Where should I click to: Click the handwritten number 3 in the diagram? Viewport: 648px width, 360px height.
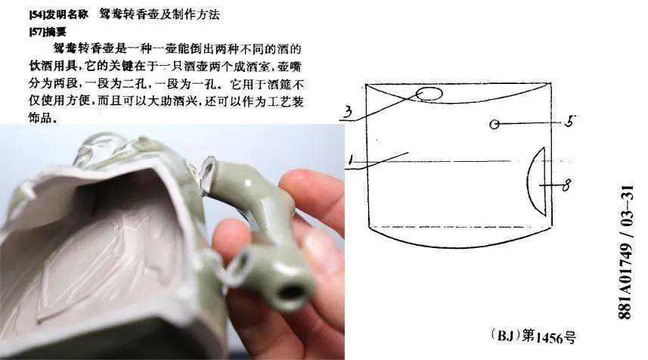click(x=349, y=112)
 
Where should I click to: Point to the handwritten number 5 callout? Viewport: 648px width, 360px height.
click(x=570, y=121)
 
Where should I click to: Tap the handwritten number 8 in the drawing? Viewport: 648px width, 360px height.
click(x=566, y=185)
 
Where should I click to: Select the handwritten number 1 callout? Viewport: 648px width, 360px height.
click(x=352, y=160)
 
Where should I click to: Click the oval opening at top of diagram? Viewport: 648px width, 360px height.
click(x=429, y=95)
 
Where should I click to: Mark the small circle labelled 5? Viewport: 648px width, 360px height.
click(x=495, y=124)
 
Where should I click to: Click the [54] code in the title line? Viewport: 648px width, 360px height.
click(x=37, y=15)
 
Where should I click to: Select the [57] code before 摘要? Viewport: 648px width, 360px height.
click(x=36, y=32)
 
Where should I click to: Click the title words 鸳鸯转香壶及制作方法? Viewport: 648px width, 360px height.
click(x=159, y=14)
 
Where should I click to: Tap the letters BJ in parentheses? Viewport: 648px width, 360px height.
click(x=505, y=335)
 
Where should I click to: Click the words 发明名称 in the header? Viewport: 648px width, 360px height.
click(x=67, y=15)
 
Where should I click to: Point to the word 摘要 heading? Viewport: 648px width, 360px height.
click(x=55, y=32)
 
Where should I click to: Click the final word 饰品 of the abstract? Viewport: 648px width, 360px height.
click(x=41, y=118)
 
